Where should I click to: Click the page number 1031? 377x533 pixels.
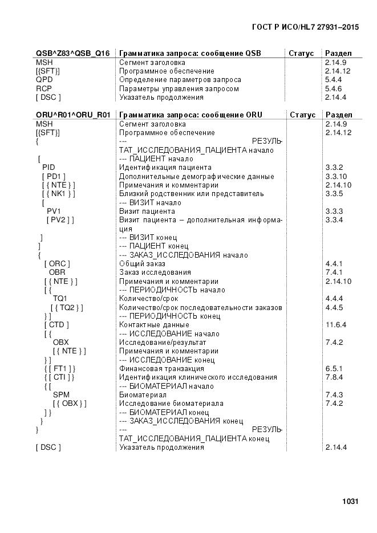(350, 502)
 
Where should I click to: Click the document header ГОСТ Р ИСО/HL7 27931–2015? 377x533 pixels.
(305, 26)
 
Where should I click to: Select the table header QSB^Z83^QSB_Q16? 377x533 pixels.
(72, 53)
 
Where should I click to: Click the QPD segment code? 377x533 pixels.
(44, 80)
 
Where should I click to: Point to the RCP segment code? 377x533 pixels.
(44, 88)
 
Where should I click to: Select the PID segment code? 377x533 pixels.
(48, 168)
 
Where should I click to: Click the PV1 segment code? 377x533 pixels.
(54, 211)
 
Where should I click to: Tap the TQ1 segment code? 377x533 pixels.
(60, 299)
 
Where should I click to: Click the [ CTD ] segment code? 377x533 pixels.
(56, 325)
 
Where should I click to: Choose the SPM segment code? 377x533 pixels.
(61, 394)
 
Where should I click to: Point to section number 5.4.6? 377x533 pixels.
(333, 88)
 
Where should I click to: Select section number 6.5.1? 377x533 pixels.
(333, 369)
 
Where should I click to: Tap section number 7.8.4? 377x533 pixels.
(333, 377)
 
